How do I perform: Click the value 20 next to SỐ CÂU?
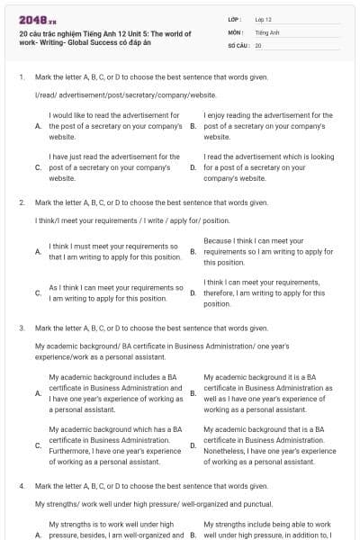pyautogui.click(x=258, y=44)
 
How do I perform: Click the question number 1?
pyautogui.click(x=22, y=77)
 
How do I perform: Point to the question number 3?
pyautogui.click(x=22, y=329)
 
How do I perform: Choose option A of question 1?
pyautogui.click(x=38, y=127)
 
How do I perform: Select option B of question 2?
pyautogui.click(x=193, y=252)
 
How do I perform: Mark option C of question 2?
pyautogui.click(x=38, y=292)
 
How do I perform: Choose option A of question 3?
pyautogui.click(x=38, y=393)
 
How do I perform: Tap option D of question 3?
pyautogui.click(x=193, y=445)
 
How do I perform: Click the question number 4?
pyautogui.click(x=22, y=486)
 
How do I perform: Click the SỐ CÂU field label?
pyautogui.click(x=238, y=44)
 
